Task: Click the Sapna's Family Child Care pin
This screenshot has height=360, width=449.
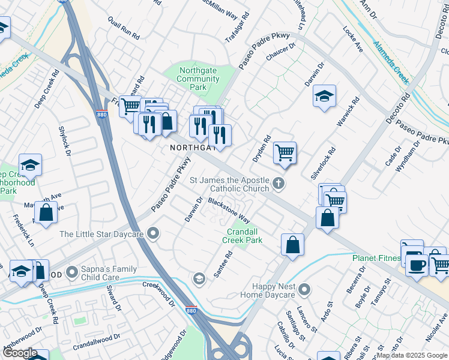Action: pos(73,273)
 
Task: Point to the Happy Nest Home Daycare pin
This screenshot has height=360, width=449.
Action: pos(305,290)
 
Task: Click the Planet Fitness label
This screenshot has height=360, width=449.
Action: pos(376,259)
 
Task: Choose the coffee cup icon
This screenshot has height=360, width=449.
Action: pos(417,265)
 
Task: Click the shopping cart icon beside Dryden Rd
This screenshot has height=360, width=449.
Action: pos(285,152)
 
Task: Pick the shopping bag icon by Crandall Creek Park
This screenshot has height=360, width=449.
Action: pos(292,245)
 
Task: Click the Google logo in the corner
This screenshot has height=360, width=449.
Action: pos(20,353)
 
